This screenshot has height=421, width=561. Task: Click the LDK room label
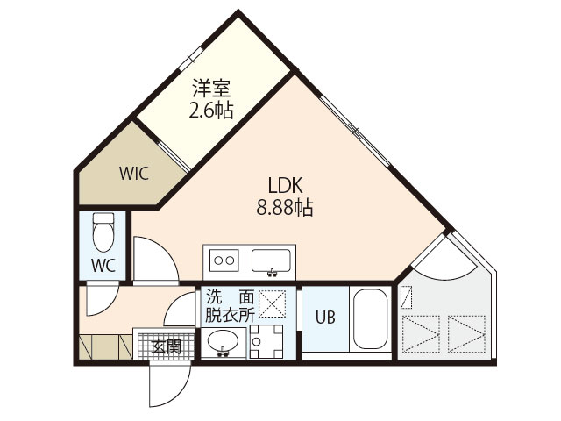(x=287, y=187)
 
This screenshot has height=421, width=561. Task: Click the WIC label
(x=134, y=172)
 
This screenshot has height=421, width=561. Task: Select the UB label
(x=324, y=318)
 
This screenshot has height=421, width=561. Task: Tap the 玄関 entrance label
(x=167, y=346)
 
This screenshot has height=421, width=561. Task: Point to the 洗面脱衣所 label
(x=231, y=305)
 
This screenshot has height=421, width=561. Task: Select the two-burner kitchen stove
(x=224, y=260)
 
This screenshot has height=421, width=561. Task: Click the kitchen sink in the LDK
(x=272, y=260)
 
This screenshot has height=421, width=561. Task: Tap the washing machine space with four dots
(x=264, y=342)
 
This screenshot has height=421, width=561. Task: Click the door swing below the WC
(x=98, y=299)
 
